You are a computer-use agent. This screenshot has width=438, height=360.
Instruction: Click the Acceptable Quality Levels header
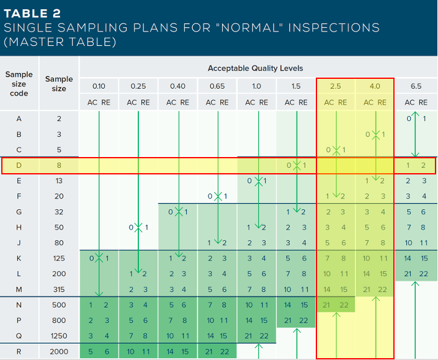256,68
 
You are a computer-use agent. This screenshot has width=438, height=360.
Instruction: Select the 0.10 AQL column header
99,86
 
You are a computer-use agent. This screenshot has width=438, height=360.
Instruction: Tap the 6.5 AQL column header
416,86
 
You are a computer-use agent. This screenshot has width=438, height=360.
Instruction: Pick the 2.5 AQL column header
336,86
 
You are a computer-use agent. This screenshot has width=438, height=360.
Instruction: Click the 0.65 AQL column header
217,86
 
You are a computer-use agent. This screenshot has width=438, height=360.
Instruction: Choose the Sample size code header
19,84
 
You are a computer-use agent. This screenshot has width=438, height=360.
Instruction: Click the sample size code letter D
19,166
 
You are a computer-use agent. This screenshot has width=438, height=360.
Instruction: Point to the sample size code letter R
19,352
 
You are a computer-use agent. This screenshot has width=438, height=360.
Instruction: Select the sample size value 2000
59,352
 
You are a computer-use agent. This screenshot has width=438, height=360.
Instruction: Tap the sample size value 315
59,289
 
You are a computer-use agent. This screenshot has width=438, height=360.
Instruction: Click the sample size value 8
59,166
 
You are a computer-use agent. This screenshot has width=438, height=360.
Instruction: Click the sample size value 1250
59,336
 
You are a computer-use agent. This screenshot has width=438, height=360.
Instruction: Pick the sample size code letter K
19,258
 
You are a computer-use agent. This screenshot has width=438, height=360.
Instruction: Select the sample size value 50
59,227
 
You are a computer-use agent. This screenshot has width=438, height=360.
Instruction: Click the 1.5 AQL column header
295,86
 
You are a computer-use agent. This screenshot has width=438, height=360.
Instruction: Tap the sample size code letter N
19,305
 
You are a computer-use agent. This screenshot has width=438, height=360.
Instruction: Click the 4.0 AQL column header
375,86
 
